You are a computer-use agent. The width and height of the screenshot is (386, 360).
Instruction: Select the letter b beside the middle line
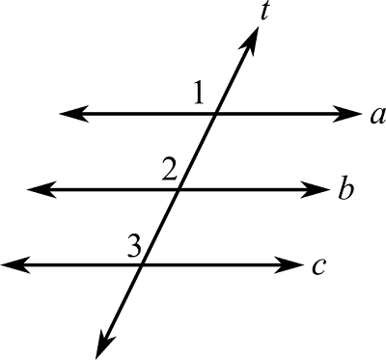(345, 188)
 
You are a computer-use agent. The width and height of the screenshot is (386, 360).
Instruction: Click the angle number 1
(199, 94)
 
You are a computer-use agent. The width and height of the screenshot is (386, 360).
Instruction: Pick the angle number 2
(170, 171)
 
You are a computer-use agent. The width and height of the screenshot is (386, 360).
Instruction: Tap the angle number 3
(133, 245)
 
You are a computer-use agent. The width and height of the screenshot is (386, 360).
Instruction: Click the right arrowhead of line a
(351, 114)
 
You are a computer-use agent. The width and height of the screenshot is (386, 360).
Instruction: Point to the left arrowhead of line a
(68, 114)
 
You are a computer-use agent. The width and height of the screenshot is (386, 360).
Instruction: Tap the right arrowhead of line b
(322, 188)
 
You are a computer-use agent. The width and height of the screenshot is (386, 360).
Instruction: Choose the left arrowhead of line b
(36, 188)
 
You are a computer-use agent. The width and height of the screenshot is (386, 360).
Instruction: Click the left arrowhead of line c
(10, 263)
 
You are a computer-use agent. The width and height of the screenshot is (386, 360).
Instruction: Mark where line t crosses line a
(216, 114)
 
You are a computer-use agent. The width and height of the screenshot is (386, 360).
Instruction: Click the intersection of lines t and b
(179, 188)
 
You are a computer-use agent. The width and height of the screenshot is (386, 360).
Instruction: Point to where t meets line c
(143, 263)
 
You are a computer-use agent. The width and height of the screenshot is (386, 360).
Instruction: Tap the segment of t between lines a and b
(198, 152)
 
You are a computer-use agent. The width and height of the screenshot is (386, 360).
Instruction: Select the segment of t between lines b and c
(161, 226)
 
